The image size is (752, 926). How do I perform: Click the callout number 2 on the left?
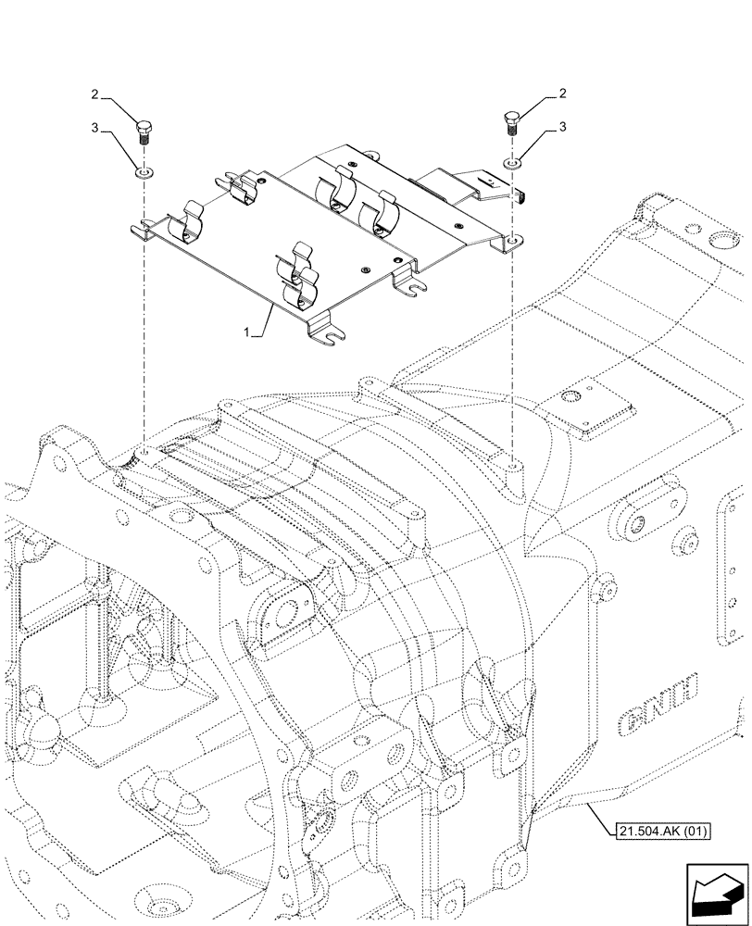point(94,94)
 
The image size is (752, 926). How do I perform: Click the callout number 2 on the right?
point(563,94)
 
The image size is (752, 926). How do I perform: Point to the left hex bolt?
point(143,131)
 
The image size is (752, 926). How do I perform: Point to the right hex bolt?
point(512,123)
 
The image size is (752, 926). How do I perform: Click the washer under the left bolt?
point(143,172)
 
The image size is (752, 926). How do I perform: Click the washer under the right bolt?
point(512,163)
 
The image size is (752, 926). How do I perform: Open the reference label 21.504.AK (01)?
point(660,831)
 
